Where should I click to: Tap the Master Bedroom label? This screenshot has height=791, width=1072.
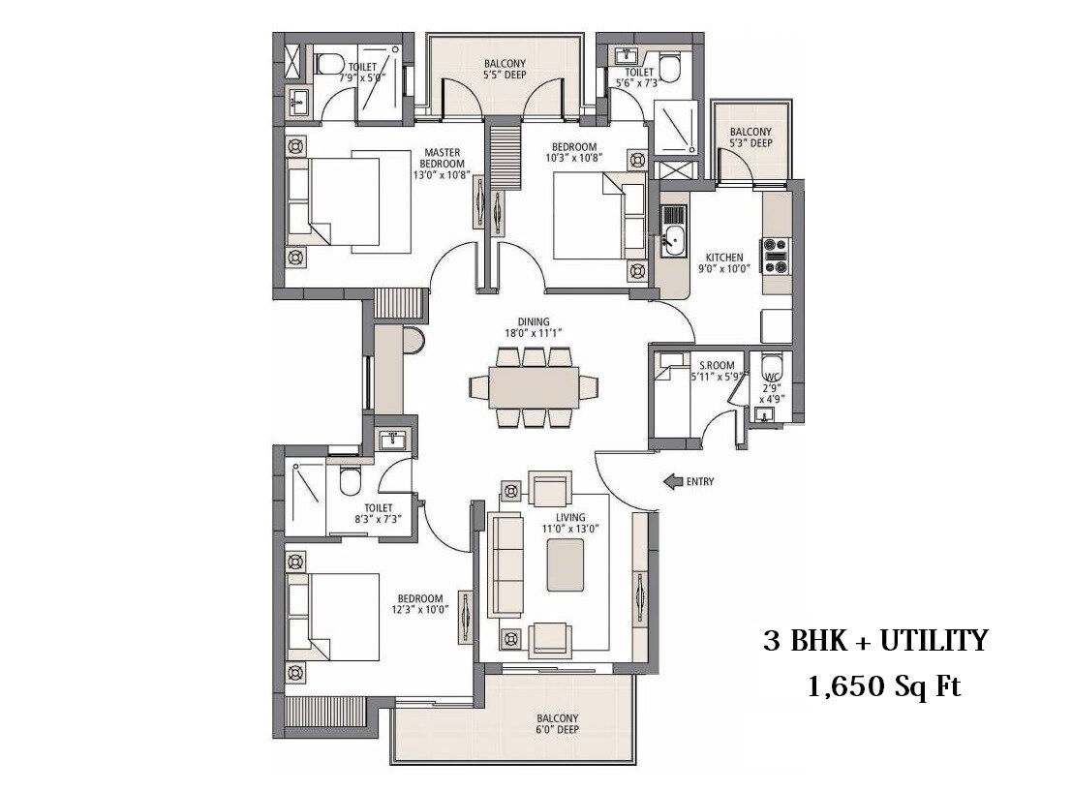tap(444, 164)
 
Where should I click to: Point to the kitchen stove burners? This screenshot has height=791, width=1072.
tap(776, 256)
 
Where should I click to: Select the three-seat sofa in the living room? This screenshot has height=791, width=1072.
tap(505, 565)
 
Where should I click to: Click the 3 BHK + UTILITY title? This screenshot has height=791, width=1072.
tap(873, 640)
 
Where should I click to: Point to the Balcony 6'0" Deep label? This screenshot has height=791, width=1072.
tap(557, 724)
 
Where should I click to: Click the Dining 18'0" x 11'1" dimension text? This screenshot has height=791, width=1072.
tap(533, 327)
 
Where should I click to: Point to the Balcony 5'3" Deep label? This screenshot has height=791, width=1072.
tap(750, 137)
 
